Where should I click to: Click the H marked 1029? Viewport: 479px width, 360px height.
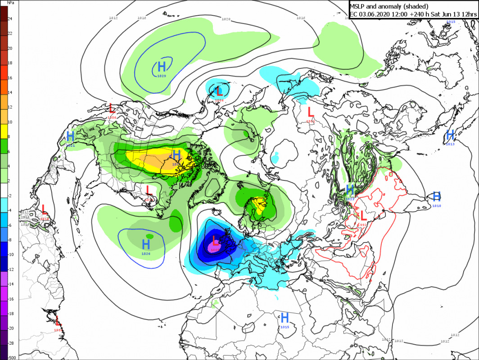point(162,67)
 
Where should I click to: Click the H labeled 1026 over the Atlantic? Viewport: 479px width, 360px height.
point(146,244)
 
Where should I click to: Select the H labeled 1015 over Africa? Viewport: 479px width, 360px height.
point(285,317)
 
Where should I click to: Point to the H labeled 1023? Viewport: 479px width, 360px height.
point(350,189)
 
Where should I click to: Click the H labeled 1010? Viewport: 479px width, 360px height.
point(436,196)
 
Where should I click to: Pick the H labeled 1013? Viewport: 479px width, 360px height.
point(450,135)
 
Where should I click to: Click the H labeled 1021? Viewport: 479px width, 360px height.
point(70,136)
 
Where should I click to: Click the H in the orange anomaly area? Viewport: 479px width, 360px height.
point(176,155)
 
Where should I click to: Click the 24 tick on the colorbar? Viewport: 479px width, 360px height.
point(9,18)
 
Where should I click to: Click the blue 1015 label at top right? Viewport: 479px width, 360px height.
point(451,22)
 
